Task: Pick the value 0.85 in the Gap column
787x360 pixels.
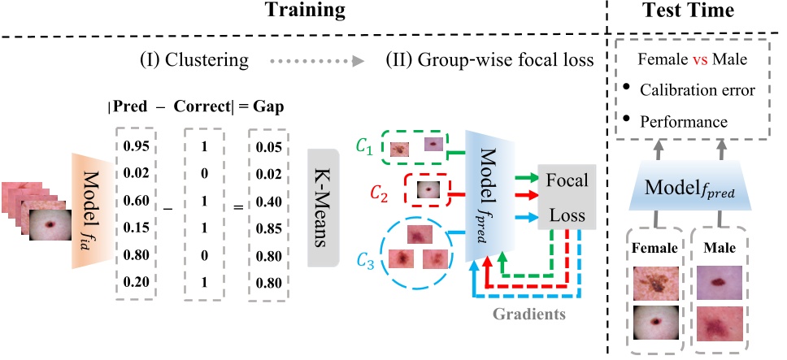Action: tap(267, 229)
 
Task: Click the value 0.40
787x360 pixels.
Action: tap(267, 202)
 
